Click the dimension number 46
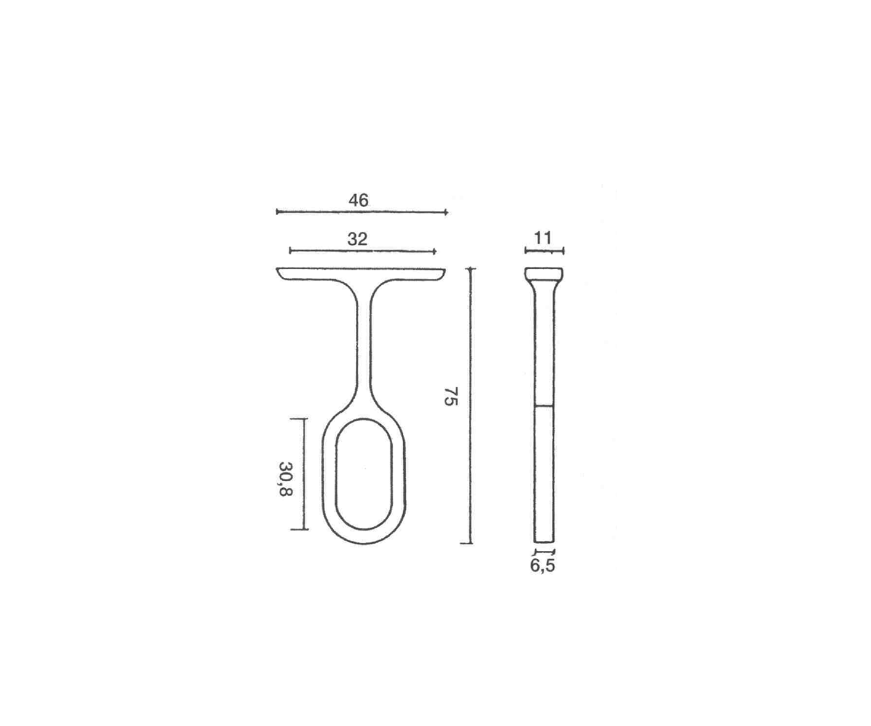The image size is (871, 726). tap(358, 200)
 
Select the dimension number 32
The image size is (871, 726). tap(357, 239)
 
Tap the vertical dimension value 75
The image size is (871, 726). tap(451, 396)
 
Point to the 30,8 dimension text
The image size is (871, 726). tap(285, 479)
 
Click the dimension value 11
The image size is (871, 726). tap(543, 238)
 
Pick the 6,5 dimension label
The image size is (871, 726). tap(542, 566)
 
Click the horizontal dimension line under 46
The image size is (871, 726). tap(362, 212)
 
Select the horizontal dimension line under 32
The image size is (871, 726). tap(363, 251)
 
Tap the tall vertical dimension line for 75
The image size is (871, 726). tap(470, 406)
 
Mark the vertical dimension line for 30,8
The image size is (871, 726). tap(303, 474)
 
